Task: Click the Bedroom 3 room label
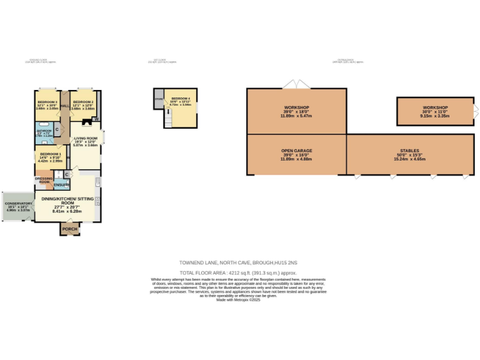[47, 101]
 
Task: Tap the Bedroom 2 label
[82, 101]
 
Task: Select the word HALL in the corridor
[64, 106]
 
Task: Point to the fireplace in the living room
[86, 124]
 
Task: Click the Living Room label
[86, 138]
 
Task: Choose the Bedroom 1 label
[50, 154]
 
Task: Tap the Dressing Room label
[44, 181]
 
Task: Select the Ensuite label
[61, 185]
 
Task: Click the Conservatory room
[18, 206]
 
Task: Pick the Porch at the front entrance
[70, 229]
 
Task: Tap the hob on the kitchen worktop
[97, 201]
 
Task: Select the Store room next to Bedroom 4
[158, 98]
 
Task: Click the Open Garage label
[296, 151]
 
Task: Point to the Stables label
[409, 151]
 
